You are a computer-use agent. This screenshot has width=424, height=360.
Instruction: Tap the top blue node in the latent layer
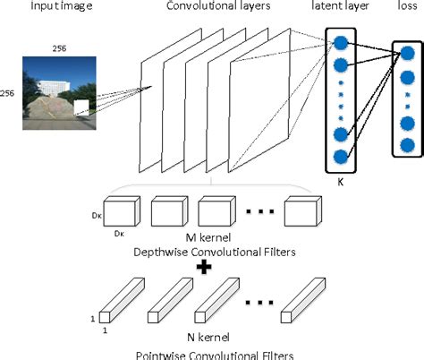(x=341, y=42)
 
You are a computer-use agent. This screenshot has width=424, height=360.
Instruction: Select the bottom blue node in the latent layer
(x=341, y=156)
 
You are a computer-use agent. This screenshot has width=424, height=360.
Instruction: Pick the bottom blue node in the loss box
(x=407, y=145)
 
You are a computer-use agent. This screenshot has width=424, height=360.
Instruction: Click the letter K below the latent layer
(x=341, y=180)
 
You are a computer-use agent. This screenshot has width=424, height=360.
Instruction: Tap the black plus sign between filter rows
(x=204, y=265)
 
